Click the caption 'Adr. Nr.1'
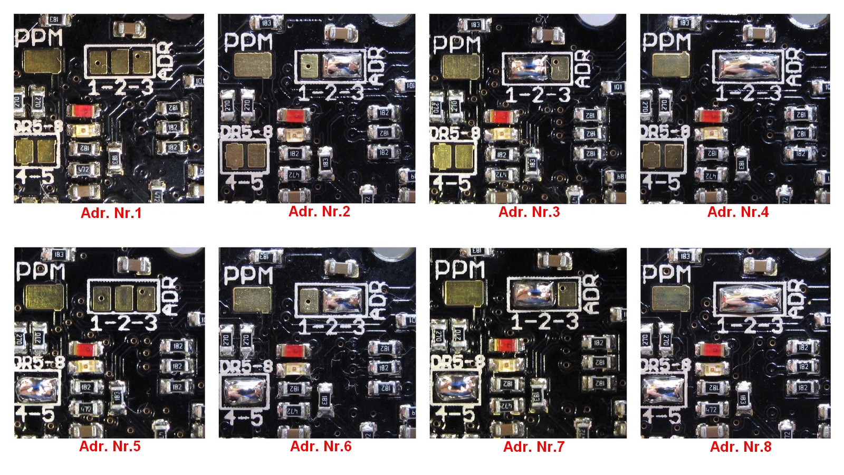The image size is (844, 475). [x=111, y=213]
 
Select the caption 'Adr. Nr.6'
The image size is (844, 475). [x=320, y=446]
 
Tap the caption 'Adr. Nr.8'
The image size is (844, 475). [x=740, y=447]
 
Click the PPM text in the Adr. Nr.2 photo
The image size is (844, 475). [x=248, y=42]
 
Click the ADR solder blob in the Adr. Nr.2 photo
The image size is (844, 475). [x=343, y=66]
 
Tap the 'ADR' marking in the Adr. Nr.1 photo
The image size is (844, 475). [x=165, y=62]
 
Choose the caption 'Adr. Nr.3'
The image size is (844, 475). [x=529, y=212]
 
